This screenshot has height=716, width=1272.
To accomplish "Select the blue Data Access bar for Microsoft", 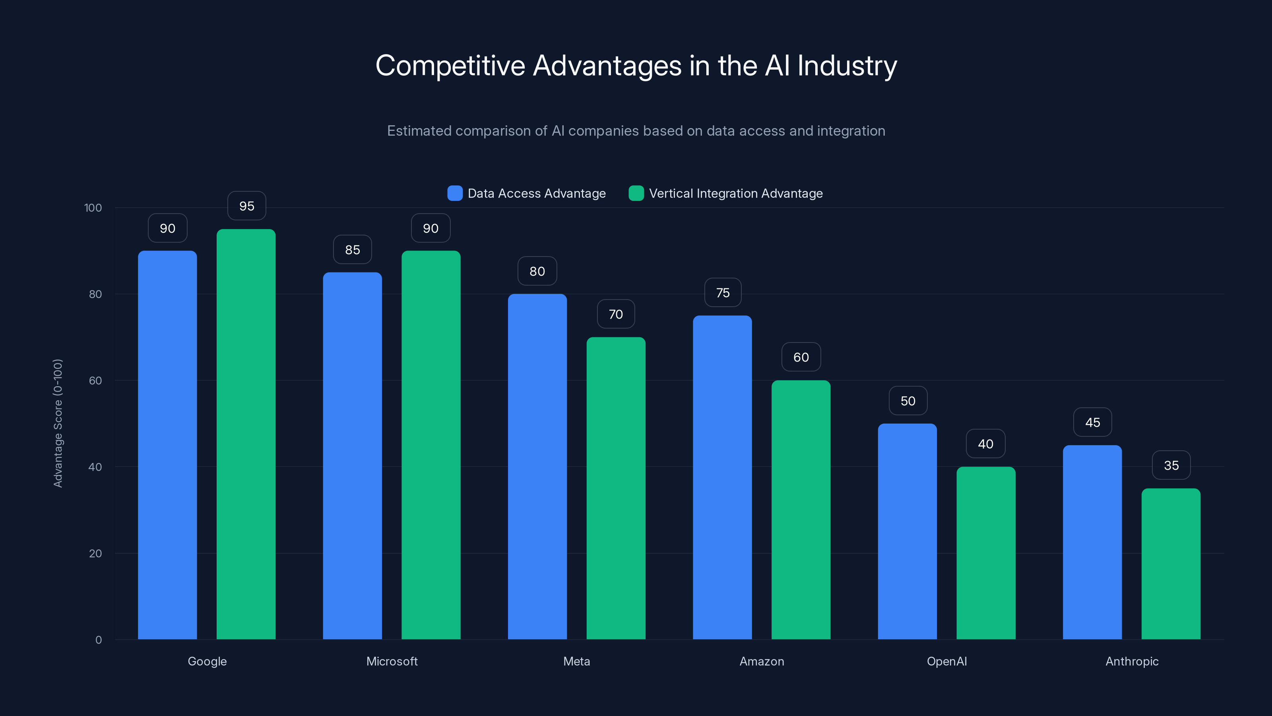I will point(352,455).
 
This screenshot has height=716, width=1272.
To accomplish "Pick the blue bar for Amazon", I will point(722,477).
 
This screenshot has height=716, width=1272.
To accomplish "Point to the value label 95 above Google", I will point(246,206).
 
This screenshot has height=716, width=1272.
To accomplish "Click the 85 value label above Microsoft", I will point(352,249).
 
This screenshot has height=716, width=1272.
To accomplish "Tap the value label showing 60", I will point(801,357).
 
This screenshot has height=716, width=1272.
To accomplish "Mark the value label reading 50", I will point(907,401).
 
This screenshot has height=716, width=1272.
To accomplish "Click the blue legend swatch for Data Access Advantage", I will point(455,193).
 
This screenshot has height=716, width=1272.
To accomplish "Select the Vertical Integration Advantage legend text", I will point(736,193).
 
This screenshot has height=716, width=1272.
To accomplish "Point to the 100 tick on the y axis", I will point(93,208).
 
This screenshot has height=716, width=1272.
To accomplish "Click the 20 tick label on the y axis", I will point(95,553).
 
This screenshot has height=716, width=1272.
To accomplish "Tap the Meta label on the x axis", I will point(576,661).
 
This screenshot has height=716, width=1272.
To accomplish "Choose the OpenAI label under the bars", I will point(946,661).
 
